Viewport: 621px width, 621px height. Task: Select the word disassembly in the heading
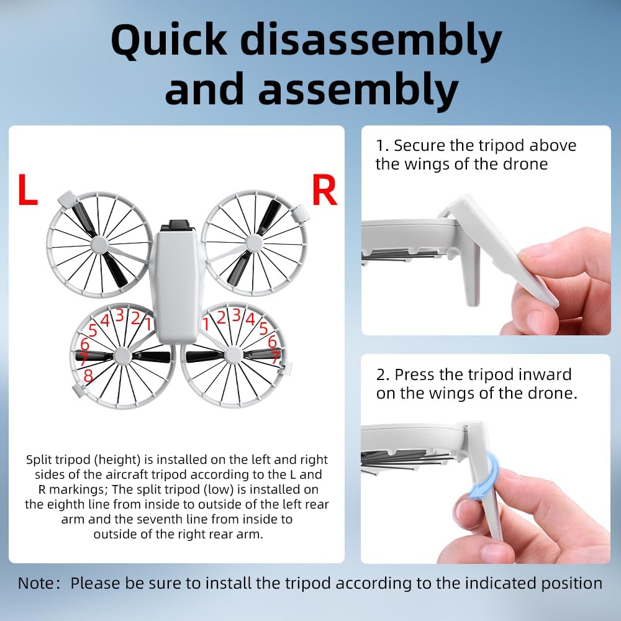371,42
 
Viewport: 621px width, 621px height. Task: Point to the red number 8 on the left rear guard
88,376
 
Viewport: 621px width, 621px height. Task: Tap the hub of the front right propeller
254,243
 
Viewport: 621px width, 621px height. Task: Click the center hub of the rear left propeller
123,356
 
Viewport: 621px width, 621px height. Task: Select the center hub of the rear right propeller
233,355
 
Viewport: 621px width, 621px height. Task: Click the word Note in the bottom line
35,583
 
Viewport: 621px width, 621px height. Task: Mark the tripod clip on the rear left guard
80,390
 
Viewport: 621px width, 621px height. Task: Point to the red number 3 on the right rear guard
237,315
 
